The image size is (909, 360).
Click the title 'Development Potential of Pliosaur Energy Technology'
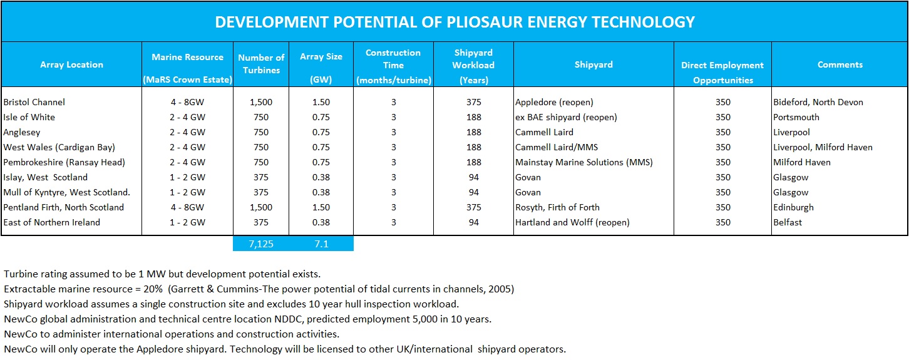click(454, 22)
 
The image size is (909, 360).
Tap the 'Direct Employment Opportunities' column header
click(722, 72)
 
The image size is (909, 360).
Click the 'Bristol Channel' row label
click(34, 102)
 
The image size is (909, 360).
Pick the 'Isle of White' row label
click(29, 117)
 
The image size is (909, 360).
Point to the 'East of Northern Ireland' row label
click(52, 222)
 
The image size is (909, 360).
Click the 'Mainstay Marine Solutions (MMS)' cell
click(584, 162)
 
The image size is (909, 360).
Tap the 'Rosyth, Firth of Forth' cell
click(557, 207)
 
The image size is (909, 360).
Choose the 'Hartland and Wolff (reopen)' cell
click(572, 222)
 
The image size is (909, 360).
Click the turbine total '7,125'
click(261, 244)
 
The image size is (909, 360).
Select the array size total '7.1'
click(321, 244)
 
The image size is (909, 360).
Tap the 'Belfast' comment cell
click(788, 222)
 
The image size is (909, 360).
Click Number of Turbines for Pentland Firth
click(261, 207)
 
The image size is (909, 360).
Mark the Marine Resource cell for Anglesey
click(187, 132)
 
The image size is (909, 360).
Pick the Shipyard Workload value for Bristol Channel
click(474, 102)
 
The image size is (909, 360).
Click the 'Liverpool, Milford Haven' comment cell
click(823, 147)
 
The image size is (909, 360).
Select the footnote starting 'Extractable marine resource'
click(259, 289)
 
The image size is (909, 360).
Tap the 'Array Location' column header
click(71, 64)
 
